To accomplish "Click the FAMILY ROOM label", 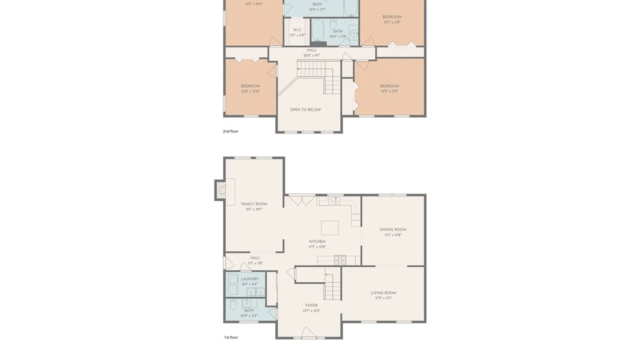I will (254, 204).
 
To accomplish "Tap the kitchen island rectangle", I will (330, 228).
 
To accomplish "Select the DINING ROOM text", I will (393, 230).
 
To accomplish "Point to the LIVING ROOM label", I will (383, 293).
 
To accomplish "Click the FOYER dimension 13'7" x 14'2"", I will (311, 311).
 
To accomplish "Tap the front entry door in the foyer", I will (308, 333).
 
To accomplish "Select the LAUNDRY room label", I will (249, 279).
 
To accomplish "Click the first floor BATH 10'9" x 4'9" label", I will (249, 313).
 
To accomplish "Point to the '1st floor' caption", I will (231, 337).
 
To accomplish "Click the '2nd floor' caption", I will (230, 131).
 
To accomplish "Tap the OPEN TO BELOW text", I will (305, 110).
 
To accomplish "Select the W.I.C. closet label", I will (297, 30).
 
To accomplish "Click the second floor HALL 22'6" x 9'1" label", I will (312, 53).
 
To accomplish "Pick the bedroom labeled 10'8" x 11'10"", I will (250, 89).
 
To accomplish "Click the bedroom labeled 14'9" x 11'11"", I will (389, 89).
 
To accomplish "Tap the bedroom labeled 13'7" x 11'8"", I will (392, 19).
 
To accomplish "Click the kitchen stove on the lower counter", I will (340, 260).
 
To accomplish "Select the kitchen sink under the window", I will (335, 201).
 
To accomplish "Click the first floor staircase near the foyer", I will (333, 287).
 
